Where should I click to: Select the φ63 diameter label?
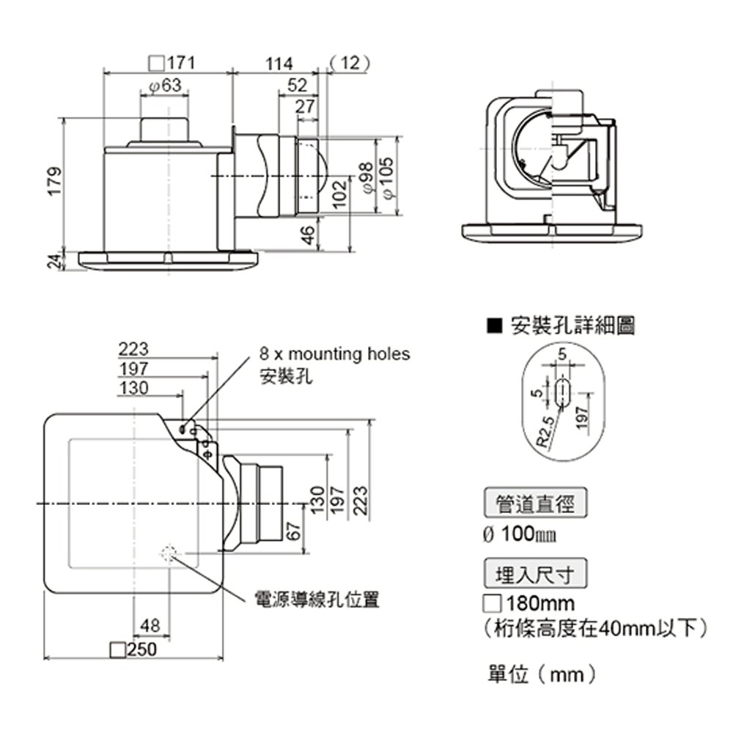tap(164, 86)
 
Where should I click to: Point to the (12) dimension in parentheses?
tap(349, 63)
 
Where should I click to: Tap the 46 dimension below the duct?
tap(308, 235)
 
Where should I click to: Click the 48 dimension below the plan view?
tap(150, 625)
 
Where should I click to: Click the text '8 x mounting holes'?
tap(335, 355)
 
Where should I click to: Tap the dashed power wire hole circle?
tap(169, 553)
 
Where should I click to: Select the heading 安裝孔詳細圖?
tap(572, 326)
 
